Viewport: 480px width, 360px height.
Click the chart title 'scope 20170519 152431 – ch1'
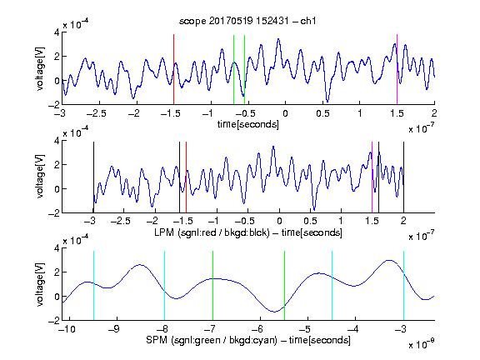[247, 21]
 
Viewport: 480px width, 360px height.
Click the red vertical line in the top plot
[174, 69]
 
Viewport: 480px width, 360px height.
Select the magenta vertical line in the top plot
[397, 69]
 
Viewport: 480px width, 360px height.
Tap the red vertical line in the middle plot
[186, 177]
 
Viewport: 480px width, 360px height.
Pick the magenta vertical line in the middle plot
[372, 177]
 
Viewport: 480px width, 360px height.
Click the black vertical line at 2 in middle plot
[404, 177]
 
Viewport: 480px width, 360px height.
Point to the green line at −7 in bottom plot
[212, 286]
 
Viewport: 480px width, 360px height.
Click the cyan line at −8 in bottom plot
[165, 286]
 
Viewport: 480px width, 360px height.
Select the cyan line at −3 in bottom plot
[404, 286]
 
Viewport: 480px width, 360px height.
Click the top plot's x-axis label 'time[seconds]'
[248, 124]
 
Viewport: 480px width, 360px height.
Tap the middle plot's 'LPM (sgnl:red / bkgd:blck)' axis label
[212, 232]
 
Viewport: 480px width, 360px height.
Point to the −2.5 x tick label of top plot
[96, 113]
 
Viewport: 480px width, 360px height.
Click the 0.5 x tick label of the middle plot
[310, 221]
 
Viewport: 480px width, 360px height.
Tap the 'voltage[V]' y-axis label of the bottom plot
[40, 284]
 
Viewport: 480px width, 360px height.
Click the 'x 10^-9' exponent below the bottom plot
[422, 344]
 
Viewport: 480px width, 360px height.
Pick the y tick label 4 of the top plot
[57, 32]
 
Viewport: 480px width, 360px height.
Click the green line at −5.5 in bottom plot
[285, 286]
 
